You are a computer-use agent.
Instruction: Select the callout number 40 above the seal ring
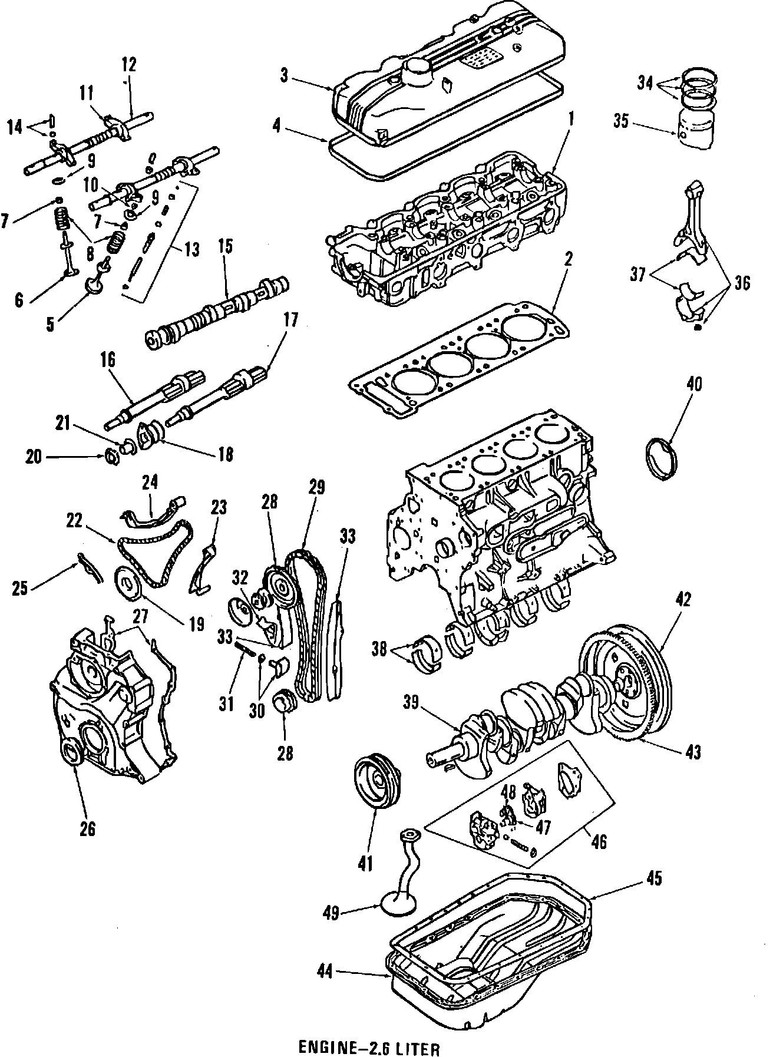click(x=695, y=385)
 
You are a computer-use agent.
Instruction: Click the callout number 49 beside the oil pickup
click(x=331, y=913)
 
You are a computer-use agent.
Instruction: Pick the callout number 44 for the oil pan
click(x=325, y=972)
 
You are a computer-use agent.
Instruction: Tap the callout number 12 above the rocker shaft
click(x=130, y=64)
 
